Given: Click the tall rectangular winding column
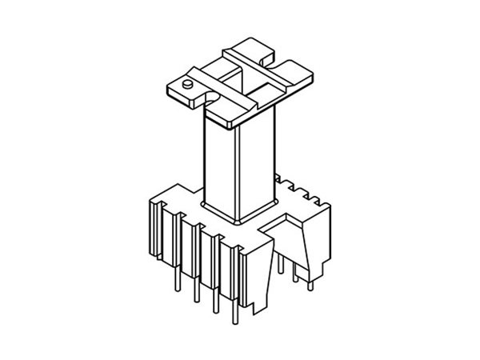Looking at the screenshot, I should (240, 160).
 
